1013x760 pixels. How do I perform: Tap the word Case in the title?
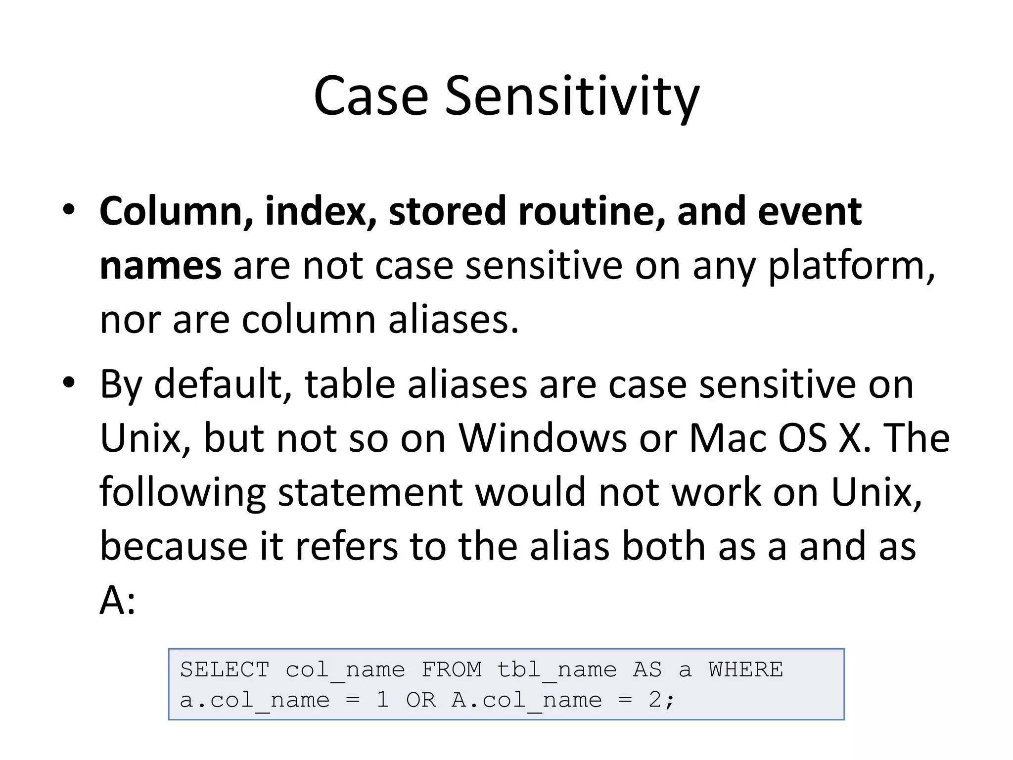pos(371,96)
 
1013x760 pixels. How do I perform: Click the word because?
pos(174,546)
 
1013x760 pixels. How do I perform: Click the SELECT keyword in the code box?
pos(225,670)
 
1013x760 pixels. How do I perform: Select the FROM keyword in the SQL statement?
pos(451,670)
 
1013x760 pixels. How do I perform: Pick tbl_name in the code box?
pos(557,670)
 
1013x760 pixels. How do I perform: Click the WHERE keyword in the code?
pos(746,670)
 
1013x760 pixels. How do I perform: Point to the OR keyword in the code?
pos(421,700)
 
